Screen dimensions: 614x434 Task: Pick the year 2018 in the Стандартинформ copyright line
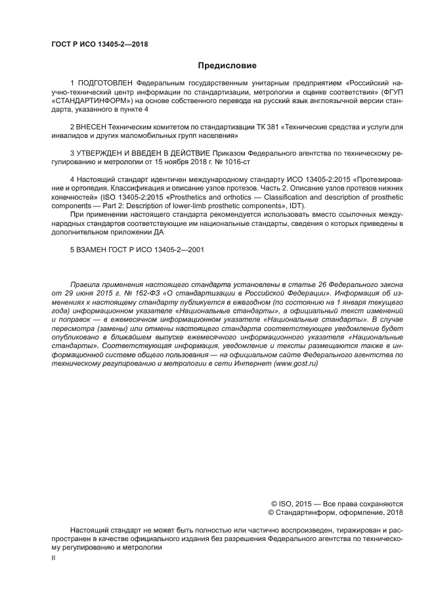(395, 512)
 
